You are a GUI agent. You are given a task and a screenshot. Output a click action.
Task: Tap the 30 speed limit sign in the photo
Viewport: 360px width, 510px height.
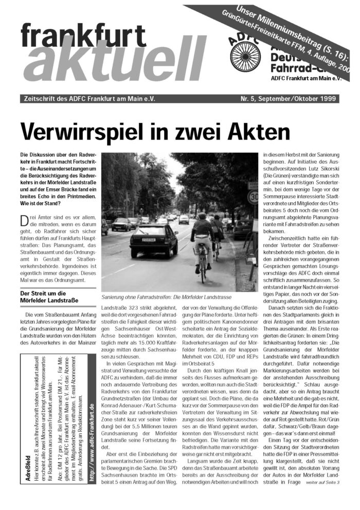[253, 197]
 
